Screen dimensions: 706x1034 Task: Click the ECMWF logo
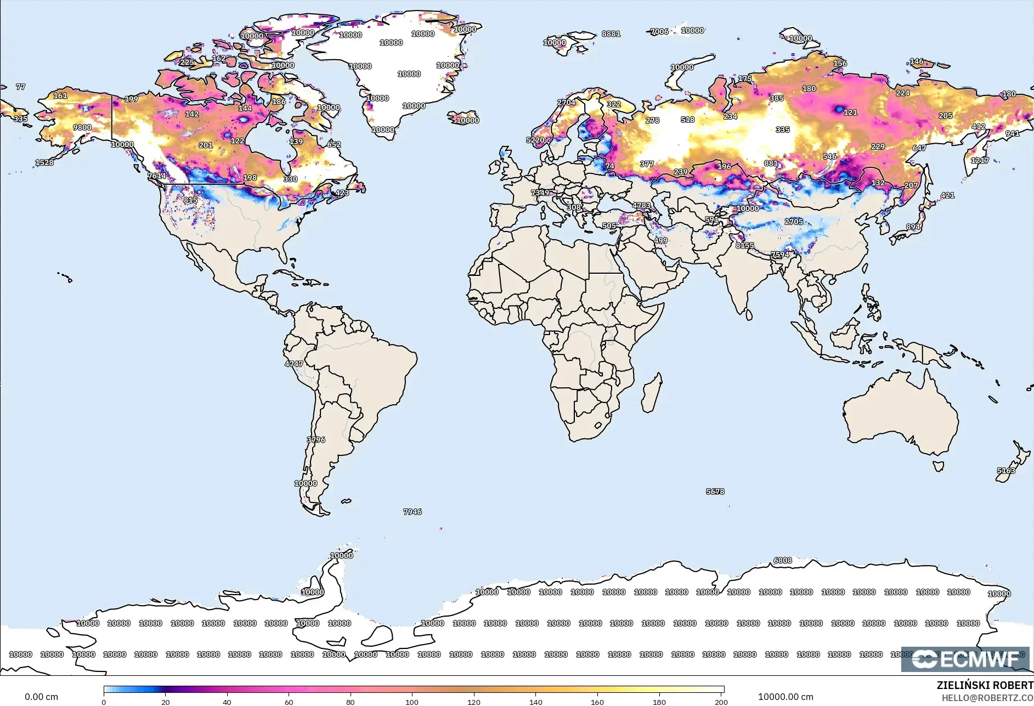965,659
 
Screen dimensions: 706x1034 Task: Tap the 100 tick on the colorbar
412,702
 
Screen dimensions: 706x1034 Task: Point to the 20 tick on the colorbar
166,702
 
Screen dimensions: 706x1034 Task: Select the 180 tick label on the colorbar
659,702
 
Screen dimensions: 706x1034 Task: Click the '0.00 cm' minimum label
41,697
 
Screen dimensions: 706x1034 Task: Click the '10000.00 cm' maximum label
786,697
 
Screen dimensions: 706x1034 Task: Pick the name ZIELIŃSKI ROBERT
985,685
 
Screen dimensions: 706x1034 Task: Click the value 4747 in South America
293,364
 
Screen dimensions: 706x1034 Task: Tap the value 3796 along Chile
316,440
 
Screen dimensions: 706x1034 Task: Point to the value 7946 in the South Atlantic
413,512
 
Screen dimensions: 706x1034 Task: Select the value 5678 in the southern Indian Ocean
715,492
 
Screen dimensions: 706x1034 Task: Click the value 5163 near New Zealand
1006,471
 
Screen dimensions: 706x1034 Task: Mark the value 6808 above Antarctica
783,560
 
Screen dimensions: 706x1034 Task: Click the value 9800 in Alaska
82,127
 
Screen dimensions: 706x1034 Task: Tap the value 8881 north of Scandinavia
611,33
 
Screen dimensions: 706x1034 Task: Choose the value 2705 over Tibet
794,222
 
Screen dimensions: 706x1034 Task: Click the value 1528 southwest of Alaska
44,162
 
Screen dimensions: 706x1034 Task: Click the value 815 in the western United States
190,200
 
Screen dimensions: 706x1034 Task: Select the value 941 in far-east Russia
1013,133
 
